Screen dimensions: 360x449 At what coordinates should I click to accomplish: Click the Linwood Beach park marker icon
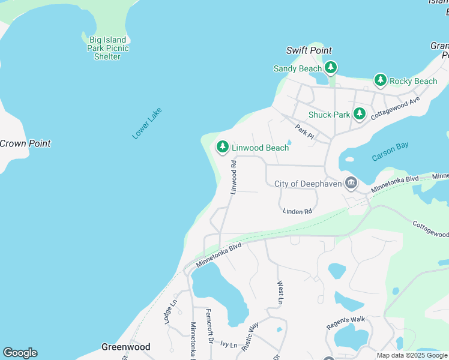tap(223, 146)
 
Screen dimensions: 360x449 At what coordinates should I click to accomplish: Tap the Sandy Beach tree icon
tap(331, 68)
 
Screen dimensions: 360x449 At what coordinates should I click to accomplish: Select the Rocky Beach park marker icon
tap(380, 80)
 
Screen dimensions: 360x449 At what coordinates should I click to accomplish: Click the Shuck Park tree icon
tap(359, 113)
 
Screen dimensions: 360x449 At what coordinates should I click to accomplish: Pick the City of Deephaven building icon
tap(351, 182)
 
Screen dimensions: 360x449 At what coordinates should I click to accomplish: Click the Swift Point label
tap(309, 50)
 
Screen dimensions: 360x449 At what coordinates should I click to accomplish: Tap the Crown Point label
tap(25, 143)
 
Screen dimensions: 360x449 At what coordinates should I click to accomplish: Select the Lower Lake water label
tap(147, 124)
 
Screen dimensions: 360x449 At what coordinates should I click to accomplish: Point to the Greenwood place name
tap(125, 347)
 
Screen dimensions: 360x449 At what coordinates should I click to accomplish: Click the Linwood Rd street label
tap(234, 176)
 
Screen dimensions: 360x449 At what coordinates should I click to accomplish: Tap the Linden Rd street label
tap(298, 211)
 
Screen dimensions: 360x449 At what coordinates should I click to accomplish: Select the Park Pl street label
tap(305, 131)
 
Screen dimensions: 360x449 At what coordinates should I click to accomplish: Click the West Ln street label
tap(280, 292)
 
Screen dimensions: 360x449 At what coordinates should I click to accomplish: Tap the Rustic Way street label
tap(250, 332)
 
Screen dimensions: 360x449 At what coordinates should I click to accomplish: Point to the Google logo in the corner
tap(20, 353)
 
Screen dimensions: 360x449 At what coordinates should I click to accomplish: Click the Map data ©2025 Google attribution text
tap(412, 355)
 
